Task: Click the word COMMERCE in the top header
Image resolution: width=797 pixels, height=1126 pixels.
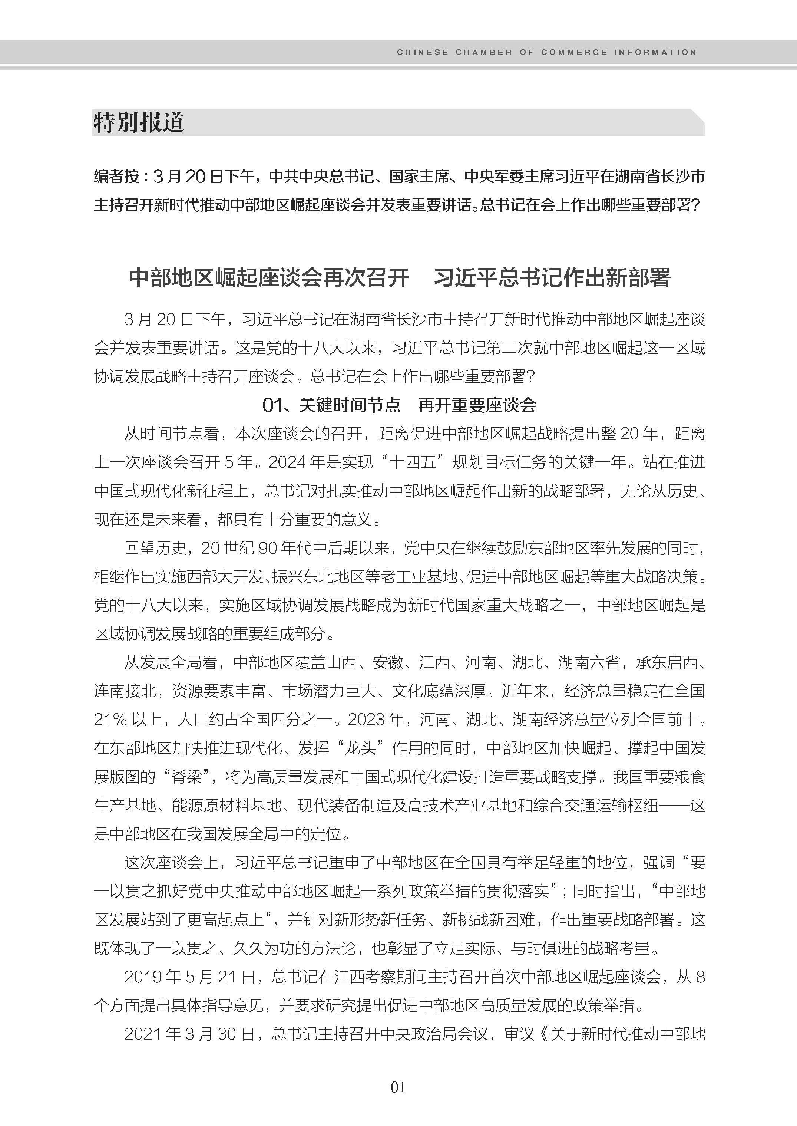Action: point(574,52)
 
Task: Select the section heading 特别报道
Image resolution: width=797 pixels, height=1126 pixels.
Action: point(139,122)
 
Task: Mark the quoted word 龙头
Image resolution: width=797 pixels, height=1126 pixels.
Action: point(361,748)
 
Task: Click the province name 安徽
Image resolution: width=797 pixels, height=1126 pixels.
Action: point(388,662)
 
